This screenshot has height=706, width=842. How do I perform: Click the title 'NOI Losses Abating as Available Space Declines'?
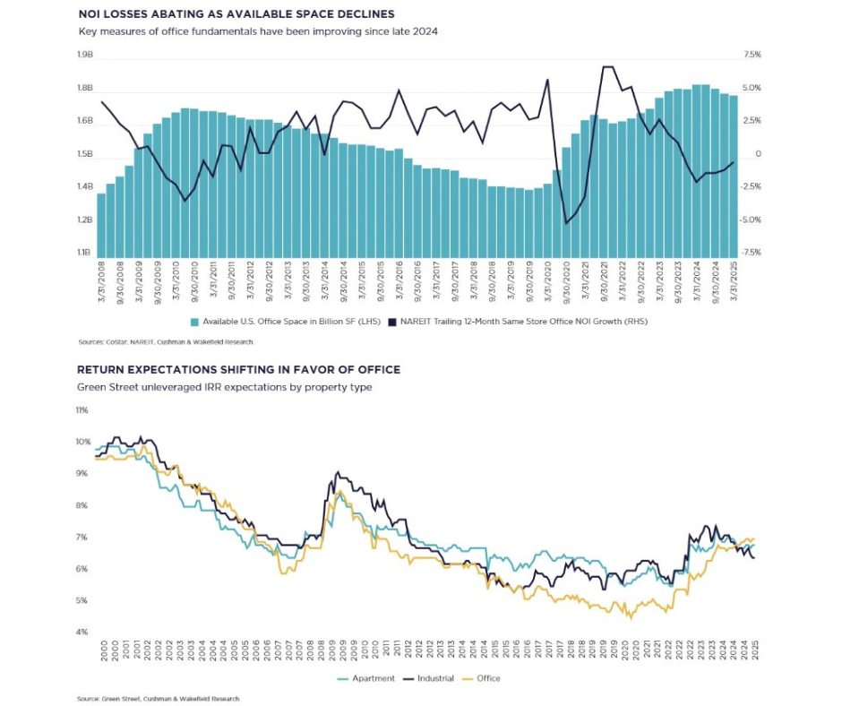[x=236, y=14]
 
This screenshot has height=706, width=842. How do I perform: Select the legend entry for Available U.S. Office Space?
[x=286, y=322]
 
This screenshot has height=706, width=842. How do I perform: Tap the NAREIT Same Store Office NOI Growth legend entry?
[x=518, y=322]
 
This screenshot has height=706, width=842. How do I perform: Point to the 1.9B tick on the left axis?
[x=85, y=55]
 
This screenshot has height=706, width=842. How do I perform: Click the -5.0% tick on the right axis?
[x=750, y=220]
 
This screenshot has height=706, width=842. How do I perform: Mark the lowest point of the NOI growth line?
[x=566, y=223]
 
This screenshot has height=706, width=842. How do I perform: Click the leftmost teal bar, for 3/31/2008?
[x=101, y=225]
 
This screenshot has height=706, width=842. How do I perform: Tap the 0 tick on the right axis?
[x=758, y=154]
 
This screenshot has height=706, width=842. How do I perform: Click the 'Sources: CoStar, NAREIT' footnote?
[x=166, y=341]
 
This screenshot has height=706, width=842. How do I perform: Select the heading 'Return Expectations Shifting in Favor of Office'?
[x=239, y=370]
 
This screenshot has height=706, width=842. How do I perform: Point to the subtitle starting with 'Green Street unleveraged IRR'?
[x=225, y=387]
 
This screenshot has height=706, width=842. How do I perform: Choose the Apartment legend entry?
[x=366, y=678]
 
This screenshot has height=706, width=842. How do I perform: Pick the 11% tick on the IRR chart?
[x=82, y=410]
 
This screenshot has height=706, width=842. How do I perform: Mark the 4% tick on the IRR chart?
[x=82, y=633]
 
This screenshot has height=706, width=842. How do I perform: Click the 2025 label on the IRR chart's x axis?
[x=754, y=650]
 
